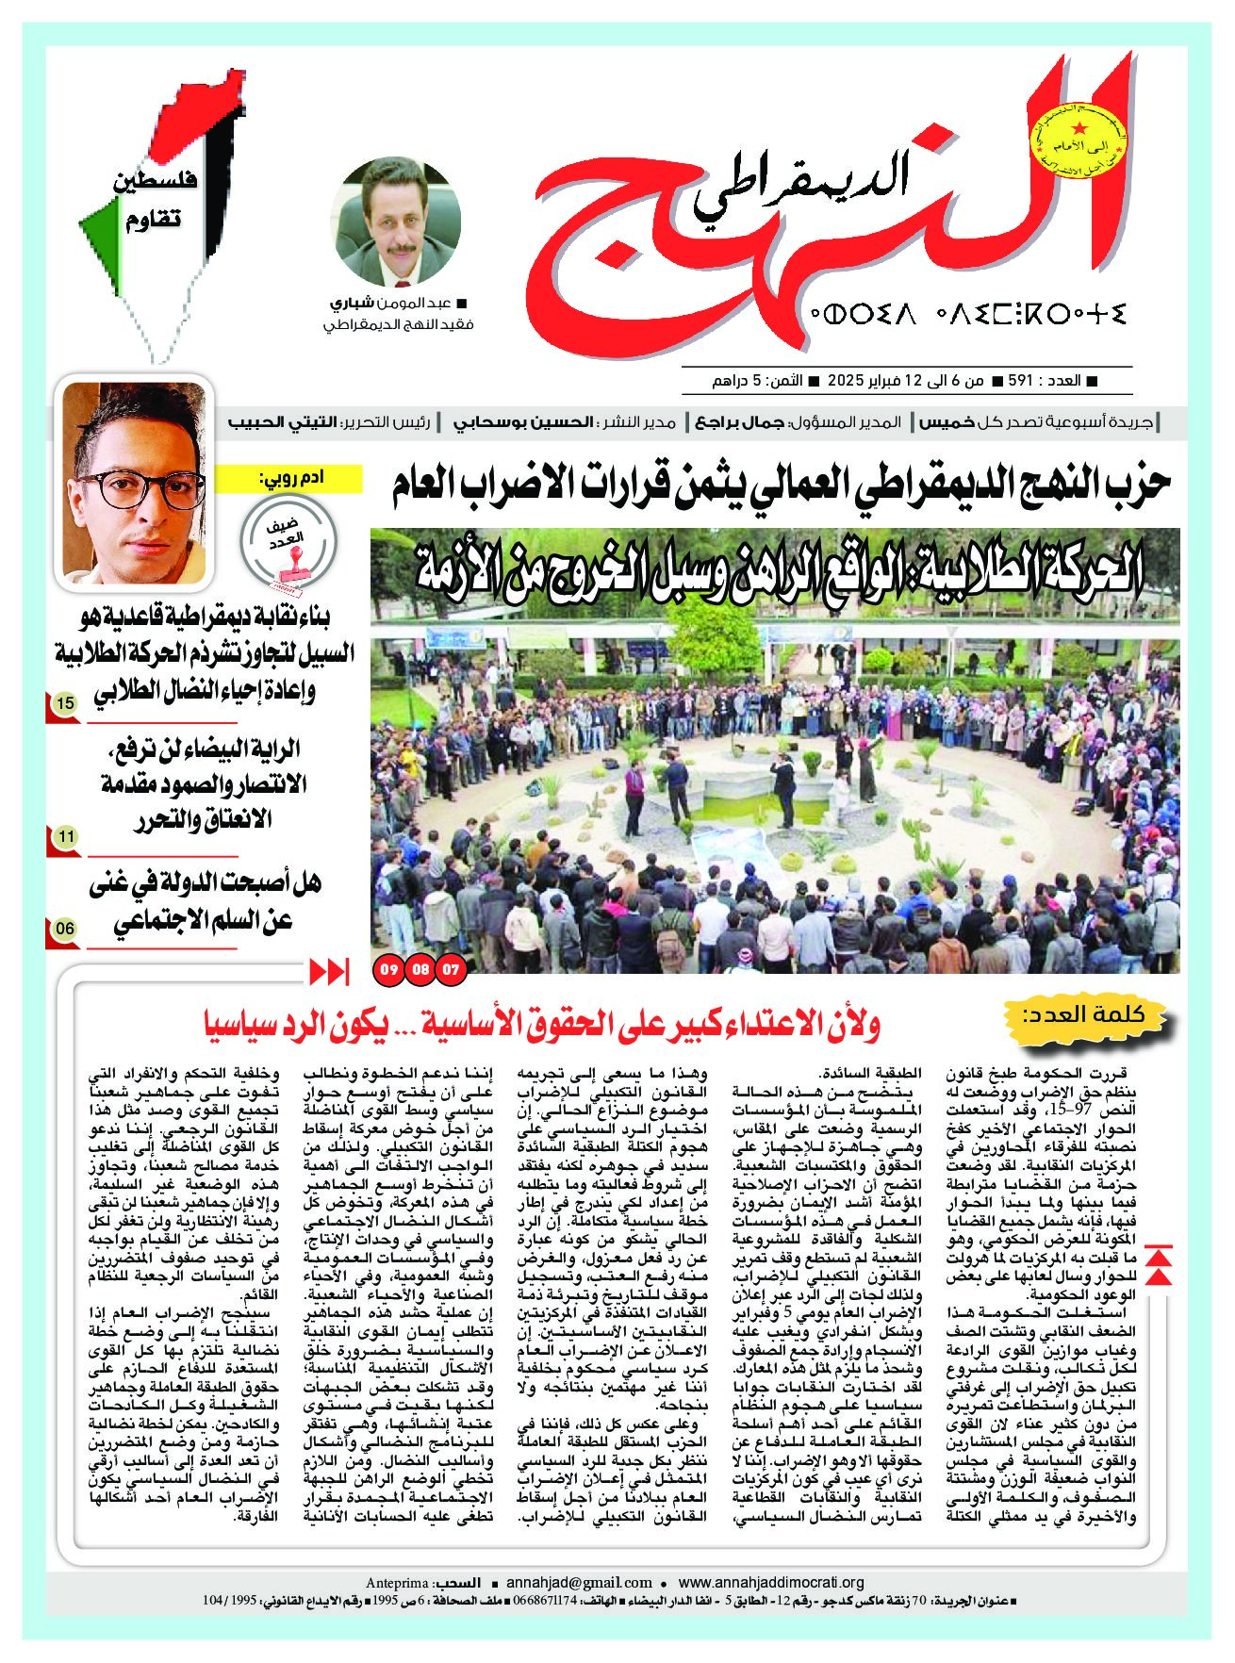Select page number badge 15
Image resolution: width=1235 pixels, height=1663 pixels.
click(x=65, y=703)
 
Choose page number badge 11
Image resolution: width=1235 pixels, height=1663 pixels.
click(x=65, y=835)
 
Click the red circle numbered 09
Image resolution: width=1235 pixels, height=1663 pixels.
click(x=388, y=968)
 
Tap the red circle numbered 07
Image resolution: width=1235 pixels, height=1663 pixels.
click(x=453, y=968)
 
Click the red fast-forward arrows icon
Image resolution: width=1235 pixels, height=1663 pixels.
click(x=329, y=970)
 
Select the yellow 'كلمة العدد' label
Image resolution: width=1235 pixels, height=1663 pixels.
click(x=1095, y=1016)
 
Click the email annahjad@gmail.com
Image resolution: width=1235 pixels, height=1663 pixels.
click(x=579, y=1582)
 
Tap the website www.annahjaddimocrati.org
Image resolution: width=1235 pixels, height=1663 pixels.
click(x=771, y=1582)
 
